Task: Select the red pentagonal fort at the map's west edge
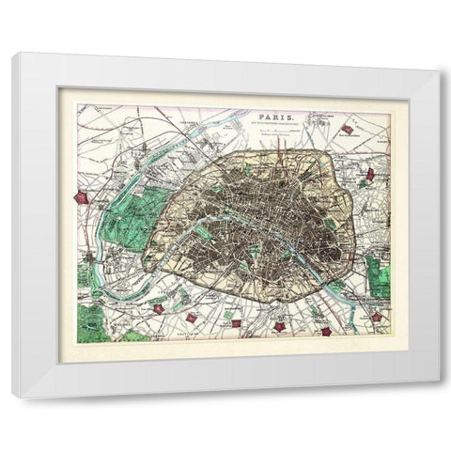coord(82,197)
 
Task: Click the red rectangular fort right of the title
coord(348,129)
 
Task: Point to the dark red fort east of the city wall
coord(370,175)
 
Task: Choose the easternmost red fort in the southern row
coord(376,318)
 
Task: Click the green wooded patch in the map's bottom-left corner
coord(90,324)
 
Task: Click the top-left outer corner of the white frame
coord(12,54)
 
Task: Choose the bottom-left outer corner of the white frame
coord(12,397)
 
